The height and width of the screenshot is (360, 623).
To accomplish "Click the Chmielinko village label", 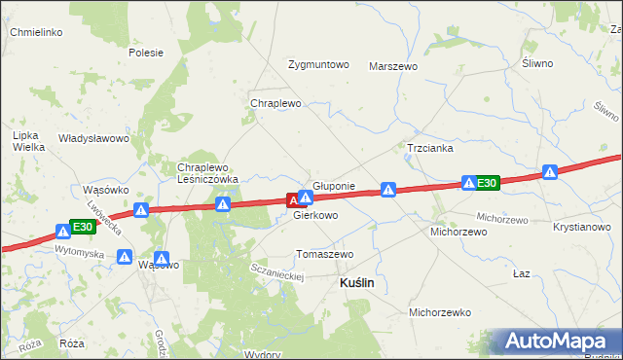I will point(36,32).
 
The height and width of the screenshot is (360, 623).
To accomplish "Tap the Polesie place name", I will point(145,53).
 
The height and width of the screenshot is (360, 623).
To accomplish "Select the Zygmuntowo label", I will point(318,65).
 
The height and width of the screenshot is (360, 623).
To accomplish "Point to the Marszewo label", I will point(393,66).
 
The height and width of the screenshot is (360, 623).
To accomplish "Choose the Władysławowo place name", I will point(94,138).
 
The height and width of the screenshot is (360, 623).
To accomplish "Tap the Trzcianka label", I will point(429,149).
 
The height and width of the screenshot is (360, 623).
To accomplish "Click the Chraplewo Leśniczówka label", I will point(207,173).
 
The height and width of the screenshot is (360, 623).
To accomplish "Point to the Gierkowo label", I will point(316,216).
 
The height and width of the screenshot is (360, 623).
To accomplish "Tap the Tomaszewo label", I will point(325,254).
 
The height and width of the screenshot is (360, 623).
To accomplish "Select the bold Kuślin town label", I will point(356,282).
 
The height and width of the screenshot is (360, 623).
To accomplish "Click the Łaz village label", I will point(522,273).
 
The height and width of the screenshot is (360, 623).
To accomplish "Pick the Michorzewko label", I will point(440,313).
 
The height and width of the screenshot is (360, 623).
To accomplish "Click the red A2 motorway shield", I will point(294,200).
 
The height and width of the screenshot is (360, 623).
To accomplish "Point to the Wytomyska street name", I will point(79,251).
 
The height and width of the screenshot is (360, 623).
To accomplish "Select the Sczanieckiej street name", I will point(277,271).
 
